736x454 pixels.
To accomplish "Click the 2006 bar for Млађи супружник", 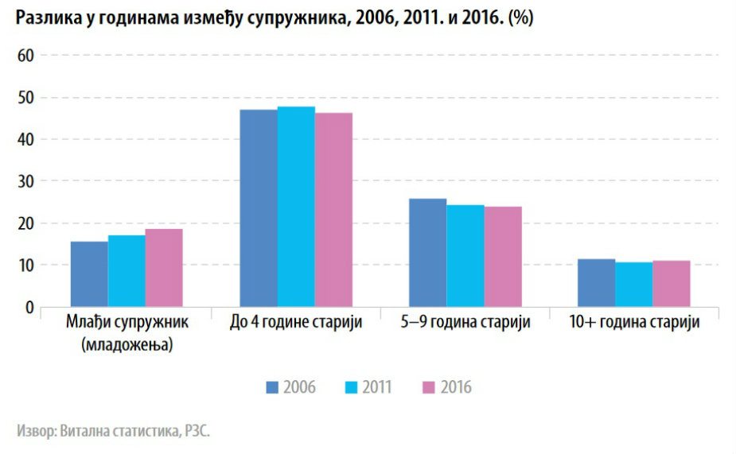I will [89, 274].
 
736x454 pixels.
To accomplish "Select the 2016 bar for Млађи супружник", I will [164, 268].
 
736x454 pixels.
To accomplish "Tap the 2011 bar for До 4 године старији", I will [296, 207].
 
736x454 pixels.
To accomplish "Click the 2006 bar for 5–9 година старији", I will [427, 253].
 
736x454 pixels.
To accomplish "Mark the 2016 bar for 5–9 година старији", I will [503, 257].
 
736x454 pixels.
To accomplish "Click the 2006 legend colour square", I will [273, 387].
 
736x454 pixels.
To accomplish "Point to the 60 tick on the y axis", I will [26, 56].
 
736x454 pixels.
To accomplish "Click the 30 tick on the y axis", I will [26, 181].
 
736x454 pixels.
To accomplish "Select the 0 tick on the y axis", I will [30, 307].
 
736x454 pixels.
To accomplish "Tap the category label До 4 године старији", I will [296, 323].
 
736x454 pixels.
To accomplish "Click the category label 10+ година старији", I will [634, 323].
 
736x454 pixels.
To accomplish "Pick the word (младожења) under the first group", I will [127, 345].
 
